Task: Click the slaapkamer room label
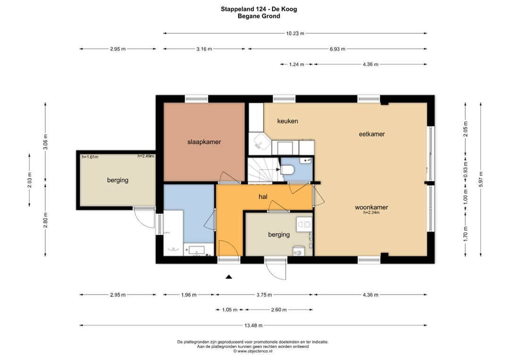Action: tap(204, 142)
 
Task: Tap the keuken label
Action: tap(288, 121)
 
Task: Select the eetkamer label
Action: tap(372, 134)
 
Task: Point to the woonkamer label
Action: tap(372, 207)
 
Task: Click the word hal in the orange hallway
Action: tap(263, 197)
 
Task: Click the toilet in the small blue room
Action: tap(288, 169)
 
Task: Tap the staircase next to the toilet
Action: tap(263, 169)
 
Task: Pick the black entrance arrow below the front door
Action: tap(229, 277)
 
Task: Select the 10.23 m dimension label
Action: tap(295, 33)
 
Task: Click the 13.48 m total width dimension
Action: tap(254, 325)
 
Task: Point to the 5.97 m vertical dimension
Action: tap(481, 179)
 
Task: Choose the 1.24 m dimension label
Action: tap(297, 64)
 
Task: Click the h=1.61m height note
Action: tap(90, 157)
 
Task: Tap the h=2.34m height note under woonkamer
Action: tap(372, 212)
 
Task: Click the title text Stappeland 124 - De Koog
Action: tap(259, 9)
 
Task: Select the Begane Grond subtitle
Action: tap(259, 16)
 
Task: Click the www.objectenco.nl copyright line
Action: tap(253, 351)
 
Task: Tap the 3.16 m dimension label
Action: tap(204, 49)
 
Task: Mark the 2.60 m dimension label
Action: tap(279, 310)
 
